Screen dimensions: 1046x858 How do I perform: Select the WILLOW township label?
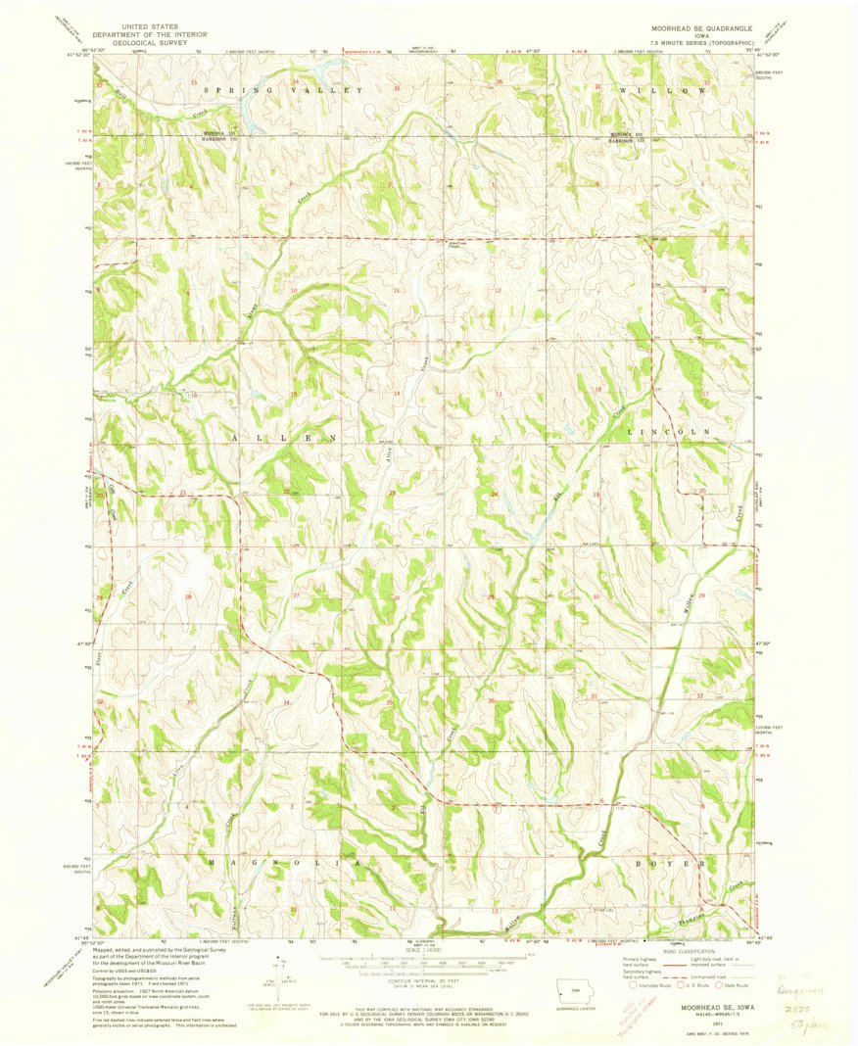[662, 90]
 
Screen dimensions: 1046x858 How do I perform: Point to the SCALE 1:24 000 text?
[429, 950]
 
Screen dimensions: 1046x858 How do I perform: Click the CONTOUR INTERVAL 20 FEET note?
[429, 990]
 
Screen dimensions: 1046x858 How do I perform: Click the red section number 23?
[392, 494]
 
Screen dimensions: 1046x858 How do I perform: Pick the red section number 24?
[495, 494]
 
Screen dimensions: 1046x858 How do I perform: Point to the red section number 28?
[188, 595]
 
